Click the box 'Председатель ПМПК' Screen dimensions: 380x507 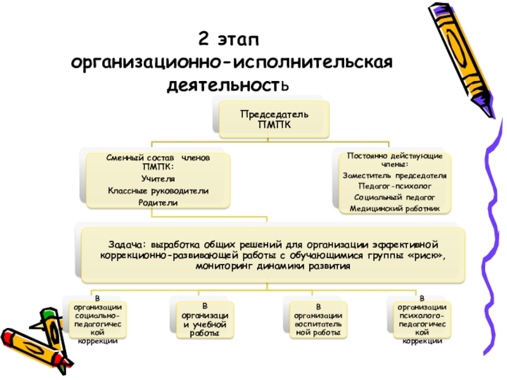pyautogui.click(x=274, y=118)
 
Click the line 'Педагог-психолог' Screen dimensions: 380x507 pyautogui.click(x=394, y=187)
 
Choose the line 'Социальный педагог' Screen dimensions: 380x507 pyautogui.click(x=394, y=198)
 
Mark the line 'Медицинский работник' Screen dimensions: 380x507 pyautogui.click(x=394, y=208)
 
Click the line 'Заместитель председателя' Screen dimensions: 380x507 pyautogui.click(x=394, y=175)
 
